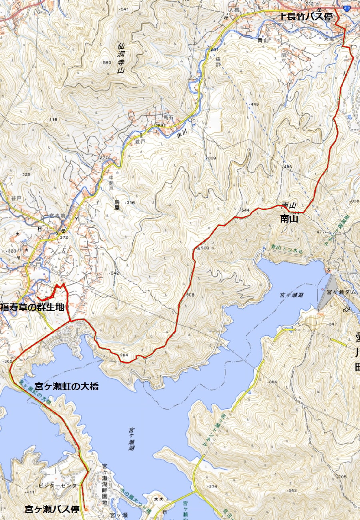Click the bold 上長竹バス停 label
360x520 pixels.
tap(306, 16)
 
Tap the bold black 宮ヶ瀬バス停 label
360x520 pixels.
tap(52, 510)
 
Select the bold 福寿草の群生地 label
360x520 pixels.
tap(32, 307)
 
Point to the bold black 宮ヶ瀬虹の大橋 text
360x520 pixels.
tap(66, 387)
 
